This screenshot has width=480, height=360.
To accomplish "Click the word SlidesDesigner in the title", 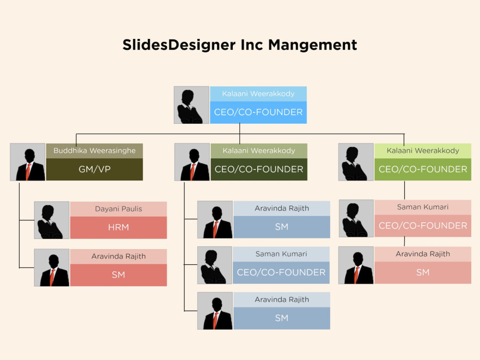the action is point(179,45).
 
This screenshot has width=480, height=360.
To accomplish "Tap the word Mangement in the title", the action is point(312,45).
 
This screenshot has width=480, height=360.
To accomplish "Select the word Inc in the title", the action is point(252,45).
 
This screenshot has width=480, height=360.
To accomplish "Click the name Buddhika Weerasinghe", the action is point(95,151).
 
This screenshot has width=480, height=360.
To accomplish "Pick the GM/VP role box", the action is point(95,169).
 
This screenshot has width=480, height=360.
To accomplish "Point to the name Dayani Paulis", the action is point(119,209).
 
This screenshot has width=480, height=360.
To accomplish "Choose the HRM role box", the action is point(119,228).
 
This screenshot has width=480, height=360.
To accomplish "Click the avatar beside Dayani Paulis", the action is point(52,220).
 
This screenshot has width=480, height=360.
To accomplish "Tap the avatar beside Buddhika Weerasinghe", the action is point(28,162).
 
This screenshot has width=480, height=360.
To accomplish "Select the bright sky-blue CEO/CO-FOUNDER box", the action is point(258,112).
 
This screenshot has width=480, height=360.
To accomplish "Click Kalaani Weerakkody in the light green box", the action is point(423,151).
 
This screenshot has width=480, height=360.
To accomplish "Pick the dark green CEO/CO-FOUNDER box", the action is point(259,169).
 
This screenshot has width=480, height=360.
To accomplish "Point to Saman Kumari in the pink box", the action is point(423,207).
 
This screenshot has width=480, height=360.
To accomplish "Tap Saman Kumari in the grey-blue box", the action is point(281,254).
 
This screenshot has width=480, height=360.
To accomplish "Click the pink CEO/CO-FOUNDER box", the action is point(423,226).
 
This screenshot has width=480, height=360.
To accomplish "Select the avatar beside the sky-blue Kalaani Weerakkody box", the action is point(192,105).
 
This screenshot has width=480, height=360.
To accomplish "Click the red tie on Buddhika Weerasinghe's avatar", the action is point(28,171).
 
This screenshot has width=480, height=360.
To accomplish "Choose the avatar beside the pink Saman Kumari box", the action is point(356,218).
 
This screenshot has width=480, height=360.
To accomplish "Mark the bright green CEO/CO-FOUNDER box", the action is point(423,169).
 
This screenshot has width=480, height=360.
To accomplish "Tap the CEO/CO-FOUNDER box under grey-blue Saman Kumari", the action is point(281,273).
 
